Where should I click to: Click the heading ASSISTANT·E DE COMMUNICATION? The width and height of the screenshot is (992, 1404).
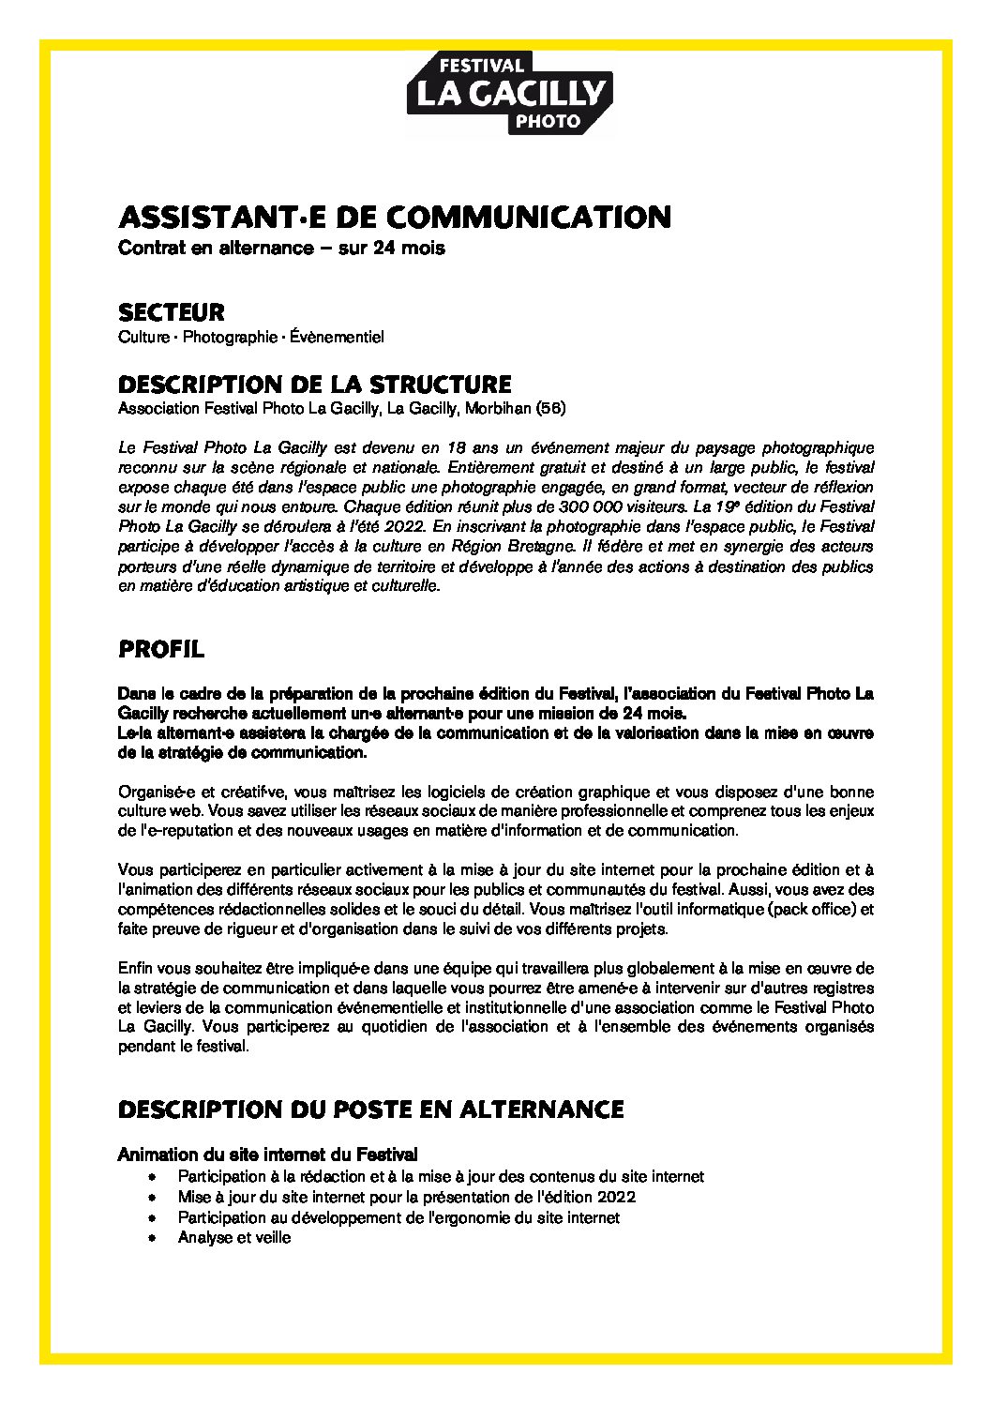pyautogui.click(x=395, y=217)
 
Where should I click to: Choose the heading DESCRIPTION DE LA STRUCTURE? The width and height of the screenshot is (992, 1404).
pyautogui.click(x=315, y=385)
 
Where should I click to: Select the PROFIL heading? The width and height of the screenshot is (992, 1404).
pyautogui.click(x=161, y=649)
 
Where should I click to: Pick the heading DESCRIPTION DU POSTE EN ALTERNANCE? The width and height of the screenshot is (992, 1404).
pyautogui.click(x=371, y=1110)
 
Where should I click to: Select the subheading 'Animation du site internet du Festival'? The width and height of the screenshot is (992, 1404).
pyautogui.click(x=268, y=1153)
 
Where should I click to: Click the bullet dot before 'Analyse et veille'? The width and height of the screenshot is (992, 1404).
pyautogui.click(x=153, y=1238)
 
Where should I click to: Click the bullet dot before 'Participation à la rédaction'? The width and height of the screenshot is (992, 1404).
pyautogui.click(x=153, y=1176)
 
